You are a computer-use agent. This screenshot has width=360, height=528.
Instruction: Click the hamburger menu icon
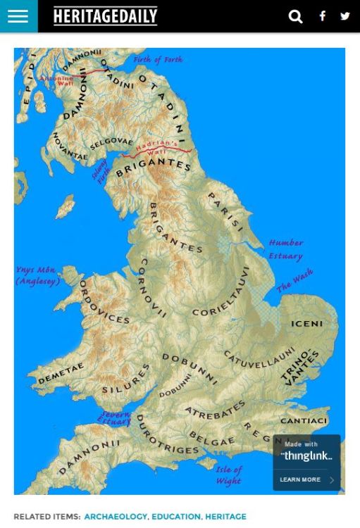tap(18, 16)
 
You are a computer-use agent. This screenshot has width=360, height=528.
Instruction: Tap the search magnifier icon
tap(296, 16)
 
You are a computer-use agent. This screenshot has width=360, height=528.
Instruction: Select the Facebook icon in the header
tap(322, 16)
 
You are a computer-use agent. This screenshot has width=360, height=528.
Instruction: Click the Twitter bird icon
tap(345, 16)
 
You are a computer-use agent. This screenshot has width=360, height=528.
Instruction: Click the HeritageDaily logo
tap(106, 16)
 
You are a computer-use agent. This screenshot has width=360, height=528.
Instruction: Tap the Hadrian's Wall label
tap(159, 149)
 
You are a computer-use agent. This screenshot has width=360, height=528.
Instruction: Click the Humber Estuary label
tap(285, 249)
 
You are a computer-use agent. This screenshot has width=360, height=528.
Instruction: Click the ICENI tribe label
tap(306, 324)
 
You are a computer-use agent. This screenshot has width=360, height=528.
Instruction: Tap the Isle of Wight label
tap(229, 475)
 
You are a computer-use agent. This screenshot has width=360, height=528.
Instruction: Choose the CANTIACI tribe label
tap(304, 421)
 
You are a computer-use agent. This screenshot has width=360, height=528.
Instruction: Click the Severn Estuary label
tap(115, 418)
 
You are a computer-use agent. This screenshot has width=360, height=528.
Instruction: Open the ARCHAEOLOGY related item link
tap(116, 517)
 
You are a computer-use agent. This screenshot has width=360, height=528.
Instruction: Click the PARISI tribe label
tap(225, 212)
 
